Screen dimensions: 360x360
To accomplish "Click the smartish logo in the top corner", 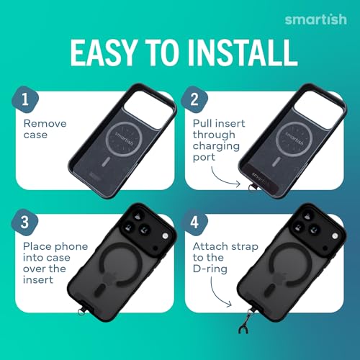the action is (316, 19).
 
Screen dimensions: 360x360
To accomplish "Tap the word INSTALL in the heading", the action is (243, 53).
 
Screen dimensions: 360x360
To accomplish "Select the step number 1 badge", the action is (25, 99).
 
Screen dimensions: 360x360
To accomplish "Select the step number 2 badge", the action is (194, 99).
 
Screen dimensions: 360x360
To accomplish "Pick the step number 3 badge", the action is (24, 222).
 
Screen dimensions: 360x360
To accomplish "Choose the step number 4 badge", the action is (194, 222).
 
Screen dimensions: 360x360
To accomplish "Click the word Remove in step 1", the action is (45, 124).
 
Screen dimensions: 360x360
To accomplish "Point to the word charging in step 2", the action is (216, 146).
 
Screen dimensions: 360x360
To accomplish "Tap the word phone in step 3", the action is (72, 247).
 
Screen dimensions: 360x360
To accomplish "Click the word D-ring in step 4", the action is (210, 269).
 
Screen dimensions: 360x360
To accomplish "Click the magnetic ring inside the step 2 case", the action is (294, 139).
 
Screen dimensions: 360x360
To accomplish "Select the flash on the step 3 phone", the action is (165, 236).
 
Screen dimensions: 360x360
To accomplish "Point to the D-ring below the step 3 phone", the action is (81, 312).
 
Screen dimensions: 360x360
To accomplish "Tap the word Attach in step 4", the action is (210, 246).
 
